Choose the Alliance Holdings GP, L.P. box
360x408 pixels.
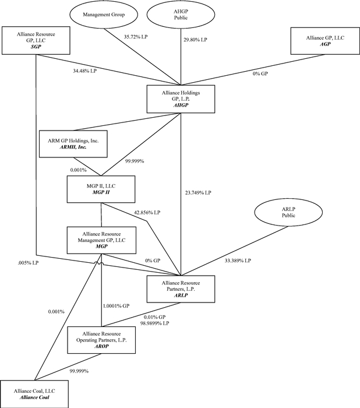[181, 97]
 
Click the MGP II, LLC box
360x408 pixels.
[101, 189]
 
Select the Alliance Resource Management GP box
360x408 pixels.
[101, 238]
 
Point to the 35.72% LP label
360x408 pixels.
[137, 36]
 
